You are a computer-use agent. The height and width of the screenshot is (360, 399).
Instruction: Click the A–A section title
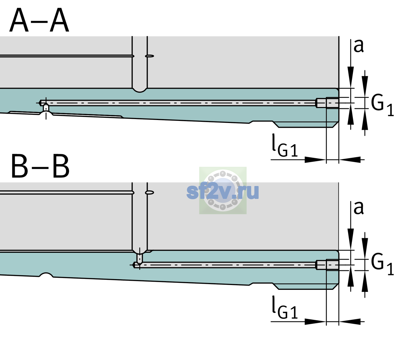click(39, 20)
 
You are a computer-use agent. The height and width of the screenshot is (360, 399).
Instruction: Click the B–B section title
click(40, 166)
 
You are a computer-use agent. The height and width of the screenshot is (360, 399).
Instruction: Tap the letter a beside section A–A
click(358, 46)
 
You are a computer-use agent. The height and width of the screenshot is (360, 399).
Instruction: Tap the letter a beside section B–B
click(358, 208)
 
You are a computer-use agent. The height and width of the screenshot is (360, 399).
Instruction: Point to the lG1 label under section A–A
click(285, 145)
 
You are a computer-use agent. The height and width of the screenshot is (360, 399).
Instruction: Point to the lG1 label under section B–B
click(285, 307)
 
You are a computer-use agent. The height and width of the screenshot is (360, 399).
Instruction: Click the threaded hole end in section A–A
click(327, 103)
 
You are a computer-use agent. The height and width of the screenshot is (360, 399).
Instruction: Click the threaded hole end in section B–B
click(327, 265)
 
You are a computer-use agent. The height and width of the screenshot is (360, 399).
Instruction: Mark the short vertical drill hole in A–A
click(46, 108)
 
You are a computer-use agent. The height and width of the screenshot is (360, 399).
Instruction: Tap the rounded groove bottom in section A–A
click(139, 90)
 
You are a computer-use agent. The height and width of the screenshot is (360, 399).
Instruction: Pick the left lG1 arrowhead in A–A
click(316, 160)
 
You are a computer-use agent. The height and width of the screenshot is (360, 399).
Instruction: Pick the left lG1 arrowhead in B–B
click(316, 321)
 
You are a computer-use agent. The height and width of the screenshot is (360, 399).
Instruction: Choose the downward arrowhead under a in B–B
click(350, 239)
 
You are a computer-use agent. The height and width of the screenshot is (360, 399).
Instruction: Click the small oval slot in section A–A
click(150, 56)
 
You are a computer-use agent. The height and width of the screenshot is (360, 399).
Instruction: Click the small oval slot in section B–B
click(150, 193)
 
